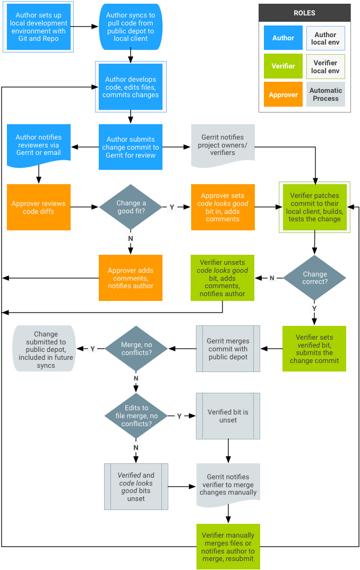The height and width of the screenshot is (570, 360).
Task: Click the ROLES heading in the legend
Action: pyautogui.click(x=304, y=13)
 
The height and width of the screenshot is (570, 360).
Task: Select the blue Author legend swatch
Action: pyautogui.click(x=283, y=38)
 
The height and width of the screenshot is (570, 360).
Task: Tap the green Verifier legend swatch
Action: pyautogui.click(x=283, y=66)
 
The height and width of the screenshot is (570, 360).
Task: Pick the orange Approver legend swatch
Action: pyautogui.click(x=283, y=94)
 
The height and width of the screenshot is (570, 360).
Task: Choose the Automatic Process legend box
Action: pyautogui.click(x=325, y=94)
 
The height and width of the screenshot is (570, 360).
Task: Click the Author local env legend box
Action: pyautogui.click(x=325, y=38)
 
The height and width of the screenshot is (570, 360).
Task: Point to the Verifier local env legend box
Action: pyautogui.click(x=325, y=66)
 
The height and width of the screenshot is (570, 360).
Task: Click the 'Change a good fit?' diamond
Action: pyautogui.click(x=131, y=207)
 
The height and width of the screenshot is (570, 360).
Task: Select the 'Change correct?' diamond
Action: pyautogui.click(x=315, y=278)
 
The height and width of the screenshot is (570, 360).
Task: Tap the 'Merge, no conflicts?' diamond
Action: pyautogui.click(x=136, y=349)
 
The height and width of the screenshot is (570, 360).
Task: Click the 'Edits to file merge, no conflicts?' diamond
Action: pyautogui.click(x=136, y=416)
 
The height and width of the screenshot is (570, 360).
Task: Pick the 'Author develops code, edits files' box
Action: pyautogui.click(x=131, y=87)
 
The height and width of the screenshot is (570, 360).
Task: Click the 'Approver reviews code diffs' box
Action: pyautogui.click(x=38, y=207)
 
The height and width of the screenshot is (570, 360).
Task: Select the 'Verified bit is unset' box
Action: pyautogui.click(x=228, y=416)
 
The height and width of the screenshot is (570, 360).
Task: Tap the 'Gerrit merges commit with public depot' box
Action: pyautogui.click(x=228, y=349)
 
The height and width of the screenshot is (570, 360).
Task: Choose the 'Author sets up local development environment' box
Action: pyautogui.click(x=38, y=27)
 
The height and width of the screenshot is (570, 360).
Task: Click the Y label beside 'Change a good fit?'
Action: pyautogui.click(x=172, y=207)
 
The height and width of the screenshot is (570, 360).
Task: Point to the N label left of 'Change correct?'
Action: pyautogui.click(x=272, y=278)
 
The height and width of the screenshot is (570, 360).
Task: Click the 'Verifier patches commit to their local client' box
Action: pyautogui.click(x=314, y=207)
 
